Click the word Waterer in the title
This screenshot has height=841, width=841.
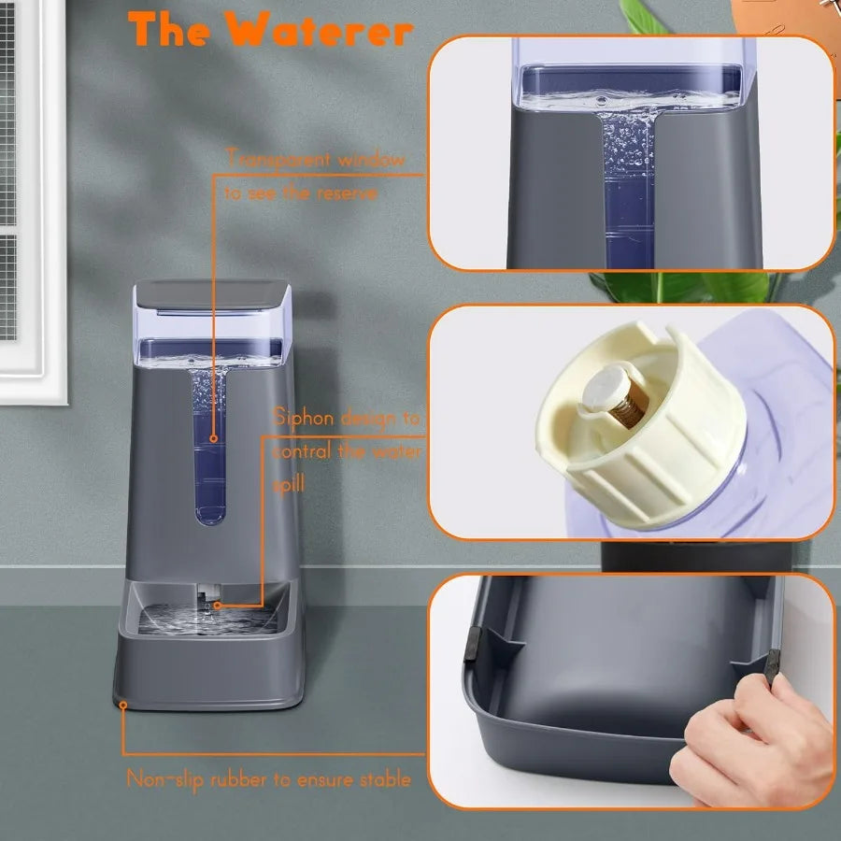point(321,30)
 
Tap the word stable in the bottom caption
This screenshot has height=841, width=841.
point(382,778)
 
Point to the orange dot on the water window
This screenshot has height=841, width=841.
point(214,437)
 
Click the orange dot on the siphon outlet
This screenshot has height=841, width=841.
point(218,606)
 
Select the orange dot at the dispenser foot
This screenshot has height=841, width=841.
point(122,705)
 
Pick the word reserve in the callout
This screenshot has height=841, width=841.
point(345,193)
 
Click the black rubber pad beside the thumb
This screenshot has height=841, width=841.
point(771,664)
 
